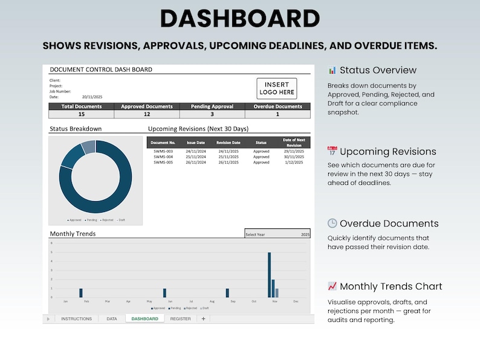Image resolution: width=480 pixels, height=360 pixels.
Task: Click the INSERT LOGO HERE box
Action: (277, 89)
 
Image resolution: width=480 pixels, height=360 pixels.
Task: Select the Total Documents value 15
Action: (81, 114)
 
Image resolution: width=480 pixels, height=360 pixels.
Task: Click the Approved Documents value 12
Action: (146, 114)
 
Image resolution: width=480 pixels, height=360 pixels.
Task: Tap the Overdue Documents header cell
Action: (277, 106)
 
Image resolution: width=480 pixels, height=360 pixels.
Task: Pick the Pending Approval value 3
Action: (212, 114)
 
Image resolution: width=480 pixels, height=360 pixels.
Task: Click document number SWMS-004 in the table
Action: (163, 156)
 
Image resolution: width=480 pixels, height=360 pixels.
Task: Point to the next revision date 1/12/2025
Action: (294, 162)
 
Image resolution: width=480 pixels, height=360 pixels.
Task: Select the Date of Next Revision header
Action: (294, 143)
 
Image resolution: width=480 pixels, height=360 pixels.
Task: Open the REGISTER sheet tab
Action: (180, 318)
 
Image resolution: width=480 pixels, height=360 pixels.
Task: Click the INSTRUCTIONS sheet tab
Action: (76, 318)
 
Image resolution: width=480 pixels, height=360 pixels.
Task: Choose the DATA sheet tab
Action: (111, 318)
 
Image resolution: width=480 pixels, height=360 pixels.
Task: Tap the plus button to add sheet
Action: (203, 318)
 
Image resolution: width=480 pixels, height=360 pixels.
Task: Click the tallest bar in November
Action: (270, 275)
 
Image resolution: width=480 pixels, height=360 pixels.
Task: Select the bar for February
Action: (81, 293)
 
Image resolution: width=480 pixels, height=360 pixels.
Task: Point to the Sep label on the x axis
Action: (233, 301)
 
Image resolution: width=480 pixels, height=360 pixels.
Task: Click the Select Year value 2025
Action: (305, 234)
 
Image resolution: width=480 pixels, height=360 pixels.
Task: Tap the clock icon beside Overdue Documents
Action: (332, 223)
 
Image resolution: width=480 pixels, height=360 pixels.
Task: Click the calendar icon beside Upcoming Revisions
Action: (332, 152)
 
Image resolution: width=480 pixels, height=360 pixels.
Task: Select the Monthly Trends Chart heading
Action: (391, 286)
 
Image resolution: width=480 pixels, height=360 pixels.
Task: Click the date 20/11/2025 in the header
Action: (92, 97)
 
